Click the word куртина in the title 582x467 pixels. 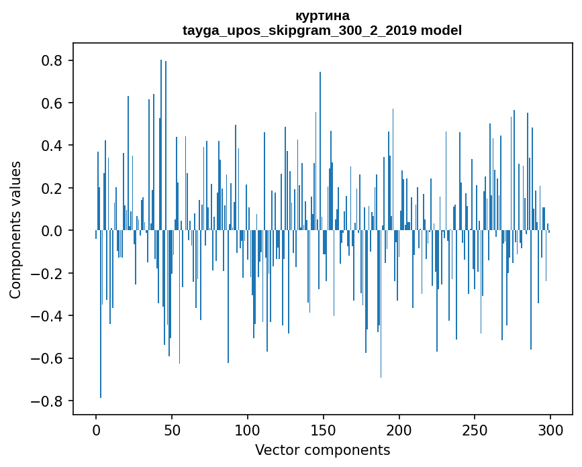(322, 15)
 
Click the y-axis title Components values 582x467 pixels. (15, 230)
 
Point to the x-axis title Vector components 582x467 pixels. (322, 450)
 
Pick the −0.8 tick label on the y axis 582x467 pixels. (48, 401)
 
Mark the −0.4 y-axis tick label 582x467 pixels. (48, 315)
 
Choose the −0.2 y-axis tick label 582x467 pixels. (48, 273)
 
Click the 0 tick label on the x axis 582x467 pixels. (96, 429)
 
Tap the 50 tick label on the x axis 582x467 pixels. (172, 429)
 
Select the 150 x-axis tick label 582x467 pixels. (324, 429)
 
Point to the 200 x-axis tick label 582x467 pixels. (399, 429)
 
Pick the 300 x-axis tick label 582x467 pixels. (550, 429)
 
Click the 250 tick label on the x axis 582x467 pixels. (475, 429)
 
